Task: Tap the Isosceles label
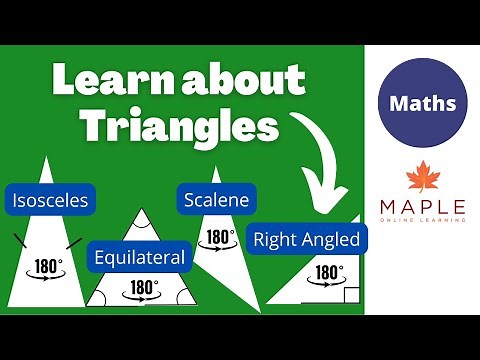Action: click(x=49, y=200)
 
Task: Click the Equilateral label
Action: click(x=139, y=257)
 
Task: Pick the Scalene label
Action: click(x=217, y=199)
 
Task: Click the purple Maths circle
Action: click(x=422, y=103)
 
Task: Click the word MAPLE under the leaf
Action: click(x=421, y=208)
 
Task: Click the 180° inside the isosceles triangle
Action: click(x=47, y=268)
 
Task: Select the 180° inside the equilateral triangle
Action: click(x=143, y=288)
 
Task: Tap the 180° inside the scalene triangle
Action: click(x=218, y=238)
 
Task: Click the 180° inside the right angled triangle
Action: click(x=329, y=272)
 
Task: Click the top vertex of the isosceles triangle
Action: click(x=47, y=157)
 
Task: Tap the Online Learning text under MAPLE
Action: click(x=421, y=219)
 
